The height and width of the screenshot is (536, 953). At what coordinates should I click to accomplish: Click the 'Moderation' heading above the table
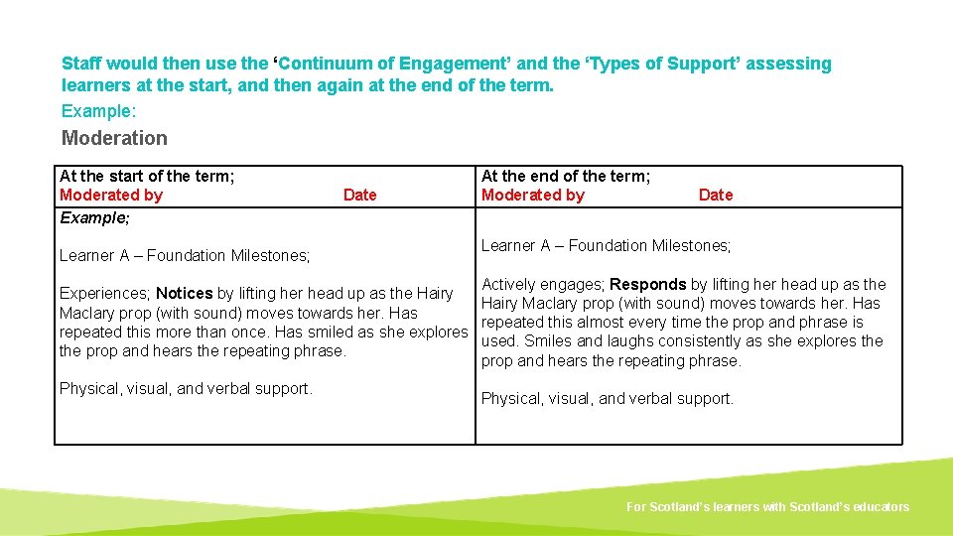114,138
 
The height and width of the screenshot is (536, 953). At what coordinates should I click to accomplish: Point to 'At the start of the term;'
147,176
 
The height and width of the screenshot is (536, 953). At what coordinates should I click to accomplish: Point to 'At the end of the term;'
566,176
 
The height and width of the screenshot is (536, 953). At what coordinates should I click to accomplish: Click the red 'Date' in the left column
359,195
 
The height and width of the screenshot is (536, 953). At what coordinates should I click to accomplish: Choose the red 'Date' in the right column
715,195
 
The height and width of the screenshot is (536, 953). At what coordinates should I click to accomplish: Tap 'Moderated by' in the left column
110,195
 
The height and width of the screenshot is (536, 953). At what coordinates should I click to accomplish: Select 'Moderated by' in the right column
532,195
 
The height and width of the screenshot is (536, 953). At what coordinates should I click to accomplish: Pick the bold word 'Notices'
184,294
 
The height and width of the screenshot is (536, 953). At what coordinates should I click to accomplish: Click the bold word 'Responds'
647,284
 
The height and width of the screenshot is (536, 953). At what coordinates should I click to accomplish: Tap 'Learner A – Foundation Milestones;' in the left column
185,255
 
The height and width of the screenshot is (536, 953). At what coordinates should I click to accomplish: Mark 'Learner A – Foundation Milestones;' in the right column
606,245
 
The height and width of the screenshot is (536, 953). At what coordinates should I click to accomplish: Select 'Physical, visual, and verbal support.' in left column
186,388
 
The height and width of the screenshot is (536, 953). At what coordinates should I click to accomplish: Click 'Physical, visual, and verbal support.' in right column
608,398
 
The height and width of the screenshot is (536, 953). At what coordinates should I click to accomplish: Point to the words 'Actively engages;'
543,284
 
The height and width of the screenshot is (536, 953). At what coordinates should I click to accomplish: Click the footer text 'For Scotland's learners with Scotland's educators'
767,507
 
